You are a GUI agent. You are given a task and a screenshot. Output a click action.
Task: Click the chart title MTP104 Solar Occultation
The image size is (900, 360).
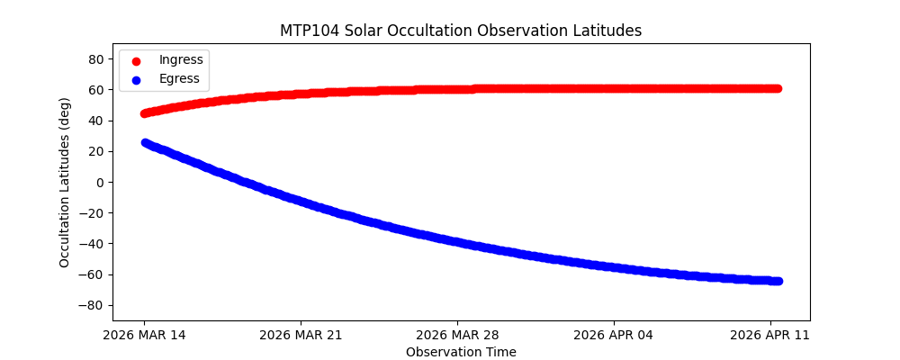coord(461,31)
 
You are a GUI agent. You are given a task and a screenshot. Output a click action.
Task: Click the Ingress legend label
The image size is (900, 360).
coord(181,59)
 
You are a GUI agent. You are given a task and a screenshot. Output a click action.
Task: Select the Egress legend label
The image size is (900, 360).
coord(179,78)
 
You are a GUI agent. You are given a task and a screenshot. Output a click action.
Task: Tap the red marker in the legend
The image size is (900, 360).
coord(136,60)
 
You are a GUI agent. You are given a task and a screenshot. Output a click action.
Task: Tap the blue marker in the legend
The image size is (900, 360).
coord(136,79)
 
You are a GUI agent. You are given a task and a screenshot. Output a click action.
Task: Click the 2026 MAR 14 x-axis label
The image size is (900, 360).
coord(144,335)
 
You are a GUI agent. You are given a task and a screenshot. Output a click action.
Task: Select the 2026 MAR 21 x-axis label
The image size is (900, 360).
coord(301,335)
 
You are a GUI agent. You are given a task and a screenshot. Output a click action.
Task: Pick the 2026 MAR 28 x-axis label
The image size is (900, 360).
coord(457,335)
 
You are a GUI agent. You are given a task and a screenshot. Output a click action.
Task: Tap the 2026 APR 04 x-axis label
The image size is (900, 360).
coord(614,335)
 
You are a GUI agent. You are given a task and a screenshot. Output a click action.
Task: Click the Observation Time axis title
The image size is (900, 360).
coord(461,352)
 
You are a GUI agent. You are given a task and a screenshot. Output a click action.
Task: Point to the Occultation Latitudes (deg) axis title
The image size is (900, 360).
coord(65,182)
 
